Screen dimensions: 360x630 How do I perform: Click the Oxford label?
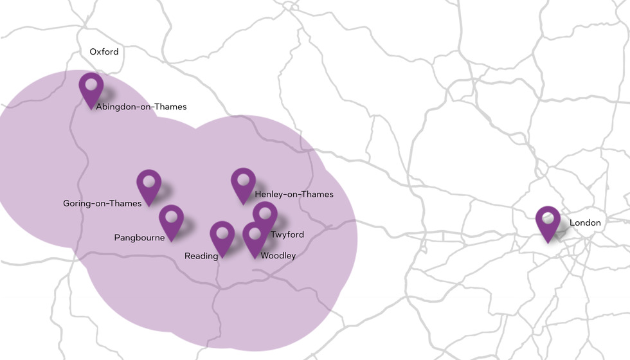click(104, 51)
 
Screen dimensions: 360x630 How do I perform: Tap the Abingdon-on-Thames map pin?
click(91, 89)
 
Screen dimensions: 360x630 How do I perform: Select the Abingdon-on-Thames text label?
click(141, 107)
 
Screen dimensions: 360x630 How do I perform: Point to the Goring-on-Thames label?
click(102, 204)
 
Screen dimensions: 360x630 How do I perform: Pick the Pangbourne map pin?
click(171, 221)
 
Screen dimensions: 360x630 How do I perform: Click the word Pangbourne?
click(139, 238)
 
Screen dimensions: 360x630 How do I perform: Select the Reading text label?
click(201, 256)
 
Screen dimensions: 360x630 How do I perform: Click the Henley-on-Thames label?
click(294, 194)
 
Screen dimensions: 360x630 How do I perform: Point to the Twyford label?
click(287, 235)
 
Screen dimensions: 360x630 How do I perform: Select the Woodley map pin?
click(255, 239)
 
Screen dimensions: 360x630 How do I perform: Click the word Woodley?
click(278, 256)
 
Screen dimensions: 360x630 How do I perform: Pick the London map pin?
click(548, 222)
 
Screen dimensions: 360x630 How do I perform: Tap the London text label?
click(585, 223)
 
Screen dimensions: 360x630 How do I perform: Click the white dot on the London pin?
click(548, 217)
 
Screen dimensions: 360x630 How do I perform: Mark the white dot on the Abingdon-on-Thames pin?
click(91, 84)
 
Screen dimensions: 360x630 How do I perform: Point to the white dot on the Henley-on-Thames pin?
click(244, 179)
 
